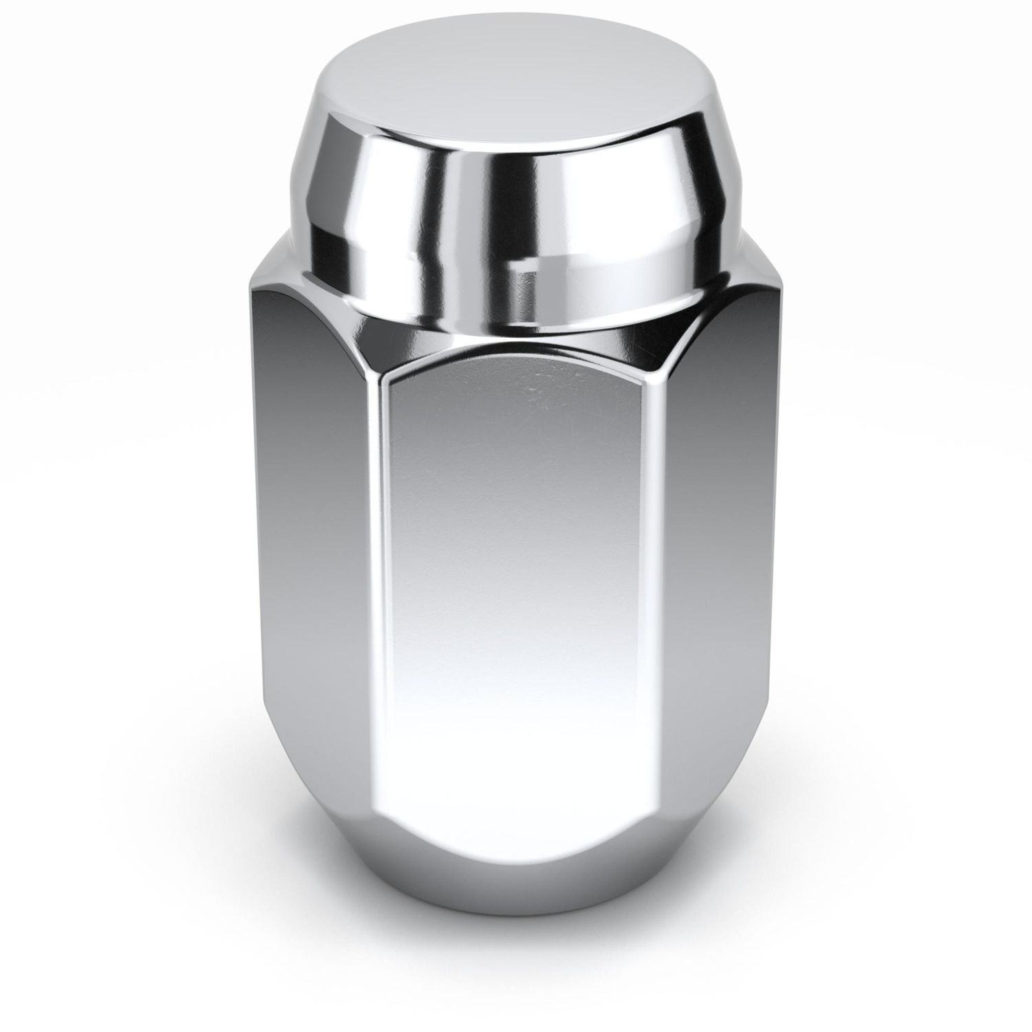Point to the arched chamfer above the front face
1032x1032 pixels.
516,351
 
